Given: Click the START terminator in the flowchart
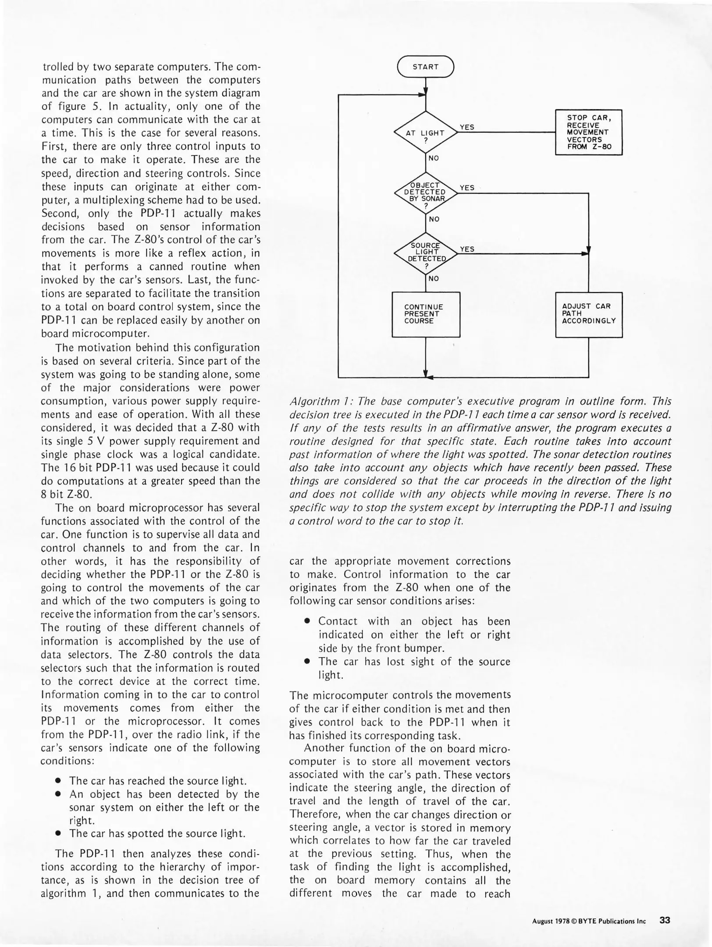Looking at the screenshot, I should coord(425,67).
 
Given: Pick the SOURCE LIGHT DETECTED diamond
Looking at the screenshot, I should coord(425,253).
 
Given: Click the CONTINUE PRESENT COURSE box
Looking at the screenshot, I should coord(425,314).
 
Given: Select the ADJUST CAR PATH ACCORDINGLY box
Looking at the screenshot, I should coord(588,314).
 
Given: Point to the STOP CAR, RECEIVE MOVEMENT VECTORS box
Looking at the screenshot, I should coord(588,132).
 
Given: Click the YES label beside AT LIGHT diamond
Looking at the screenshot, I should coord(467,127).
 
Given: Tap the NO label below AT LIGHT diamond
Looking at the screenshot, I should coord(434,158).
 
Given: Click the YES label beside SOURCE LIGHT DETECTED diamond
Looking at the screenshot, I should coord(467,249).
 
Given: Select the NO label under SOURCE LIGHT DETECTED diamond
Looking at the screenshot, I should coord(434,278).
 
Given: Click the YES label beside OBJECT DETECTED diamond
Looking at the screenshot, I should coord(467,188).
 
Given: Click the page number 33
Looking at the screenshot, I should coord(665,920).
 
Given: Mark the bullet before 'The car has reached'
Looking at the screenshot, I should coord(58,781).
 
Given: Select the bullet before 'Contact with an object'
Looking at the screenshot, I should coord(307,622).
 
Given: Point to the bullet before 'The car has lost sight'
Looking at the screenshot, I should coord(307,662).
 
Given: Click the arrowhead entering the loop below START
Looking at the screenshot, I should coord(424,94).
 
